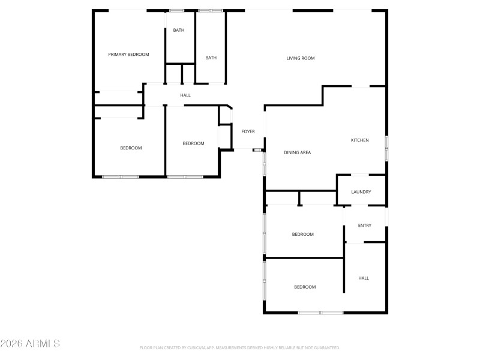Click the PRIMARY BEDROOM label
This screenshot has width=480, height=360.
128,55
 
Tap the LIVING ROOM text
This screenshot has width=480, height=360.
300,58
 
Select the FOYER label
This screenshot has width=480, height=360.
248,131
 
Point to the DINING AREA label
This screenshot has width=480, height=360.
297,152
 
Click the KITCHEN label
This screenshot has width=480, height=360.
359,140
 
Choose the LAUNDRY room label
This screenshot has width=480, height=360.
361,192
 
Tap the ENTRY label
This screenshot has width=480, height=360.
364,226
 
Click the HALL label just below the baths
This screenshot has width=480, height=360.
185,95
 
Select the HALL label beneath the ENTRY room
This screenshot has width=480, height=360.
364,278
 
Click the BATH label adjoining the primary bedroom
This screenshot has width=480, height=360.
179,30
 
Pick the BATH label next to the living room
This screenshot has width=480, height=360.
211,58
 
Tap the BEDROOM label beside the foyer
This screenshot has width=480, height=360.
193,143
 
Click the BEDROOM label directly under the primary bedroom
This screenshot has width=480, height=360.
131,148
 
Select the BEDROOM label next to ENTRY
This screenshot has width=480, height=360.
302,234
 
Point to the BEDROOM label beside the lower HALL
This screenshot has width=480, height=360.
304,287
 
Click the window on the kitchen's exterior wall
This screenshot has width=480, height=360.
386,148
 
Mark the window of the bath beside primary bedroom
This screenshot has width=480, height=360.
176,10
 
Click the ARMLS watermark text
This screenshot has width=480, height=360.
30,344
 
